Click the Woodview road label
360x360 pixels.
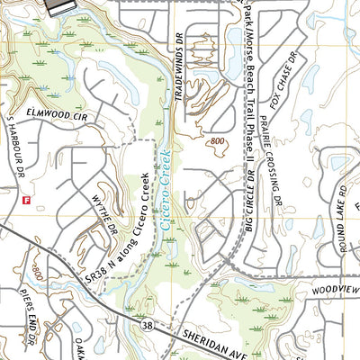(x=334, y=290)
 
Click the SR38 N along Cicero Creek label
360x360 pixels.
(x=118, y=229)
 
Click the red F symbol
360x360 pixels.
(x=27, y=200)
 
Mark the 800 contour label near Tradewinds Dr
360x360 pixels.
(x=217, y=140)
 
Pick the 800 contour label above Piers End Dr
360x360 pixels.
(x=37, y=271)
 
